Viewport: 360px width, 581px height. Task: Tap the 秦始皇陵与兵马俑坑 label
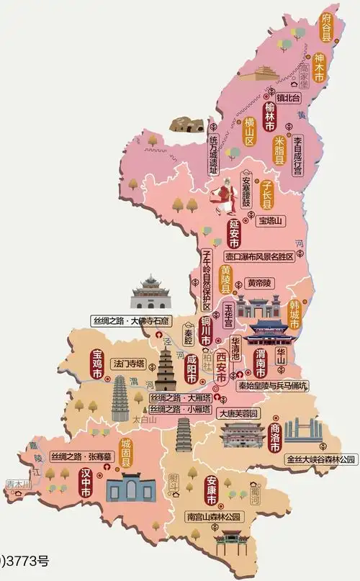[272, 385]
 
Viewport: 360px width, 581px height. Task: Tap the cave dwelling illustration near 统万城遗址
[185, 123]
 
